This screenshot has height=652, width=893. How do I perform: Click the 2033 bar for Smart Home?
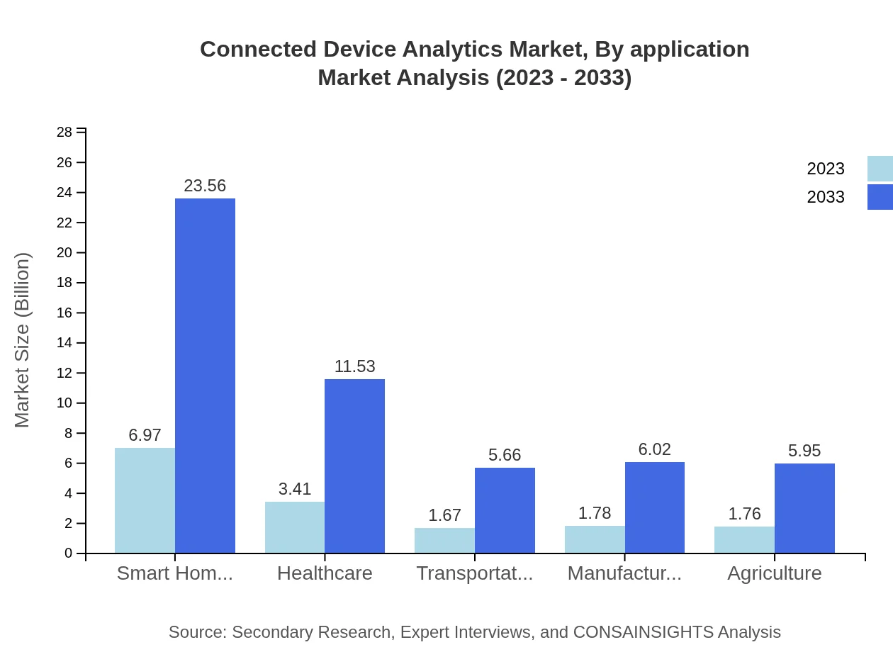(205, 376)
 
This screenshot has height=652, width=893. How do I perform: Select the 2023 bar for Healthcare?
(295, 527)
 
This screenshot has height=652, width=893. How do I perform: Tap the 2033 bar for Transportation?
(505, 510)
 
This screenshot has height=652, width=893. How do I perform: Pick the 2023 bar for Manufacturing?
(595, 539)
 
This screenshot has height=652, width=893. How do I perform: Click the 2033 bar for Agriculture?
(804, 508)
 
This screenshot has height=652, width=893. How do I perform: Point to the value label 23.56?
(205, 186)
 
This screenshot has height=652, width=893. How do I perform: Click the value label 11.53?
(354, 366)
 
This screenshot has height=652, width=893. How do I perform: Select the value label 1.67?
(445, 515)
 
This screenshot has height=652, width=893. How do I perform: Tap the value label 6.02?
(654, 449)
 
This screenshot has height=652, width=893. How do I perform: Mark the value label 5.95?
(804, 451)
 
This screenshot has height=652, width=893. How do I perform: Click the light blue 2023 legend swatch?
(880, 169)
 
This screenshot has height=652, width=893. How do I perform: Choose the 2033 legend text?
(826, 197)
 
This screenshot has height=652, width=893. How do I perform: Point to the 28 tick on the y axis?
(64, 133)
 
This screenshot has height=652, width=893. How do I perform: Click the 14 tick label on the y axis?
(64, 343)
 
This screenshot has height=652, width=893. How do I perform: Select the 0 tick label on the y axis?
(69, 553)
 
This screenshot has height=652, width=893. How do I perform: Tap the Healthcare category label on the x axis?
(325, 573)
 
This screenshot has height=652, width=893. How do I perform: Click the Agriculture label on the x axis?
(774, 573)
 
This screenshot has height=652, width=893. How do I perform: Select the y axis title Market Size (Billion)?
(23, 340)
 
